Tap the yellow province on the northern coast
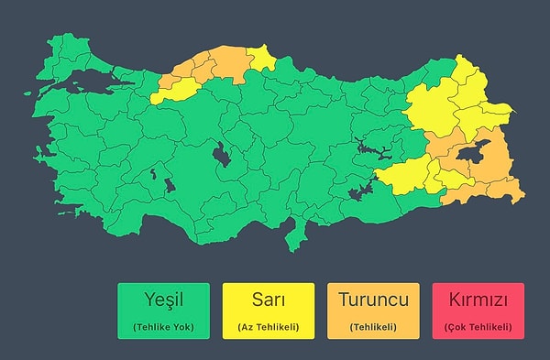264,60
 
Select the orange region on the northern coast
215,64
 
